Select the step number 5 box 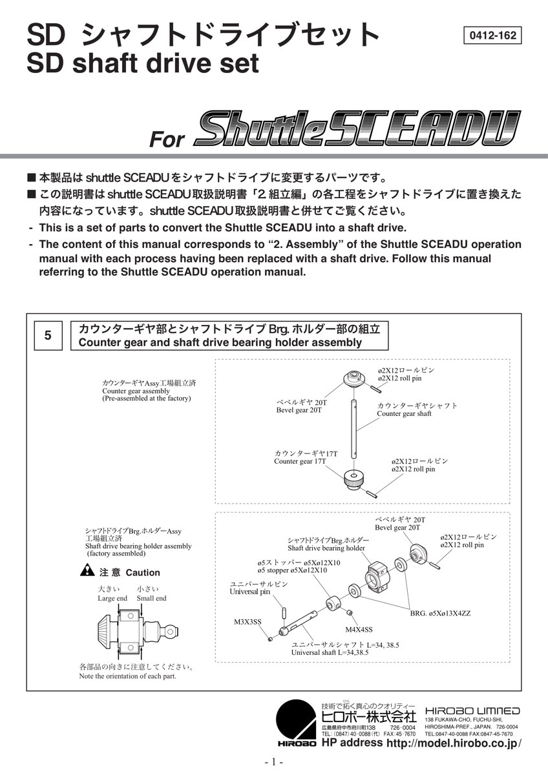[x=48, y=335]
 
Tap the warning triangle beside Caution [x=87, y=571]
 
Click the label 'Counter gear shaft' [x=404, y=413]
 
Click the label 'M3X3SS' [x=248, y=622]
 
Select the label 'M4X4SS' [x=359, y=629]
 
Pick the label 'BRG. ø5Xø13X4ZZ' [x=440, y=613]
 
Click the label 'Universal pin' [x=250, y=592]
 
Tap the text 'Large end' [x=112, y=598]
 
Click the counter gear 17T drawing [x=354, y=480]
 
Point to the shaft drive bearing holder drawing [x=378, y=573]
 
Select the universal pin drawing [x=284, y=610]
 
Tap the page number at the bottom [x=273, y=762]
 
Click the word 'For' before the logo [x=167, y=139]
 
